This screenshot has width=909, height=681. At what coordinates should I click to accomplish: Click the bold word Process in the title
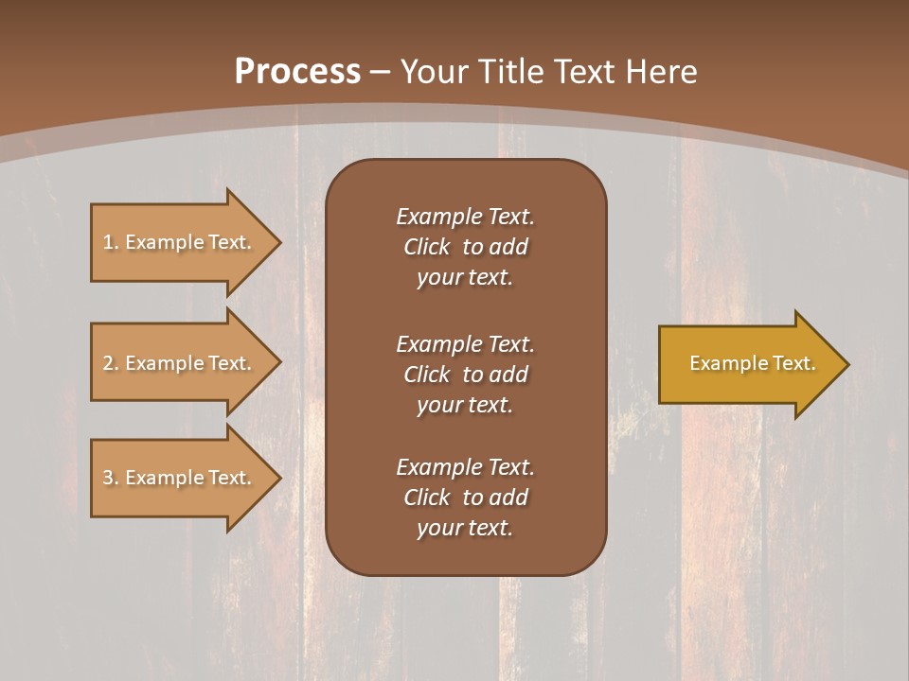coord(297,72)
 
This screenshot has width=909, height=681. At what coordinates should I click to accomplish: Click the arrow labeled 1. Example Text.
coord(177,242)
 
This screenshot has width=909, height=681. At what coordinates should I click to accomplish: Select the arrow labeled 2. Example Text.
coord(177,363)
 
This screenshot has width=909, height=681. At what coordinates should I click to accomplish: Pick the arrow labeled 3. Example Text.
coord(177,478)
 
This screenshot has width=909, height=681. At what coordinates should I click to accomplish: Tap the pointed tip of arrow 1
coord(277,242)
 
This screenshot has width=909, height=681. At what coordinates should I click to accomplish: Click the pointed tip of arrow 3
coord(277,478)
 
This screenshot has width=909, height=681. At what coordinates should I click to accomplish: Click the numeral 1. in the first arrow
coord(111,242)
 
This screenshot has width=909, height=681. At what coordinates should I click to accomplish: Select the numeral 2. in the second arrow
coord(111,363)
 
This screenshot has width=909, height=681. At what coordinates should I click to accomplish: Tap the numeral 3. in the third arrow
coord(111,478)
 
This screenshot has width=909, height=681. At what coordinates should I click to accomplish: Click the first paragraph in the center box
coord(465,247)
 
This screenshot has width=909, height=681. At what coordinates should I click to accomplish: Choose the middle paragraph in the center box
coord(465,375)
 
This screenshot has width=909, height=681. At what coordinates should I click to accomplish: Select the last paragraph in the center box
coord(465,498)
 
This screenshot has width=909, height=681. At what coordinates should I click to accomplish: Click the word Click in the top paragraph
coord(426,247)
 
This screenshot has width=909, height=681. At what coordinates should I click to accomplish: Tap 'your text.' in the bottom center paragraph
coord(465,529)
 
